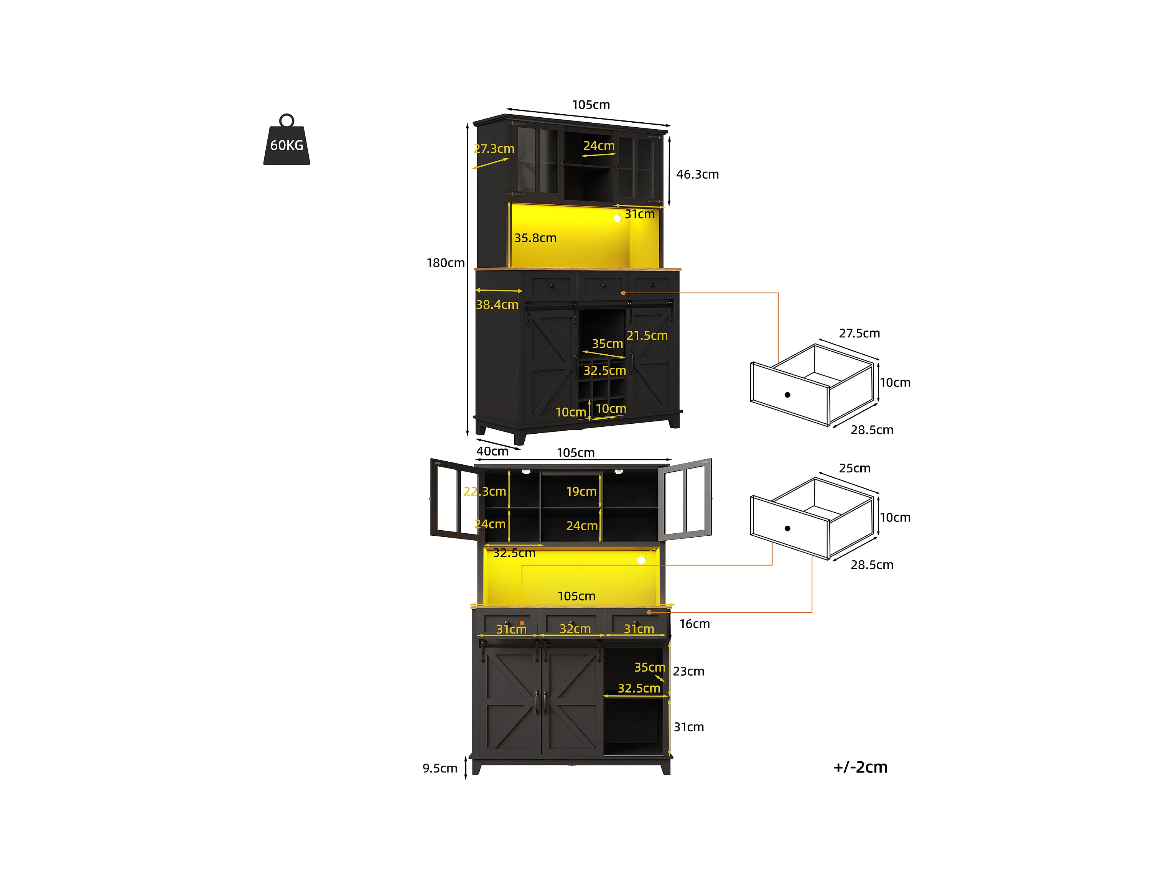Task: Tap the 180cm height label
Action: click(445, 263)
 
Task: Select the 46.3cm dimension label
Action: click(697, 174)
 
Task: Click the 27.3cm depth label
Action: click(494, 149)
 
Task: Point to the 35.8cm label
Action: click(535, 238)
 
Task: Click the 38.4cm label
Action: click(497, 305)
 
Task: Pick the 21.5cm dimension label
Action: click(646, 336)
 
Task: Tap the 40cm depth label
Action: click(492, 451)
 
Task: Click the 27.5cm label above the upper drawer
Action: click(859, 333)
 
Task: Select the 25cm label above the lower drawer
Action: click(854, 468)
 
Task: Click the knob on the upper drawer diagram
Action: click(787, 395)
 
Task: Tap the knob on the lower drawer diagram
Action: click(787, 528)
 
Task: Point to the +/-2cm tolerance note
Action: click(860, 767)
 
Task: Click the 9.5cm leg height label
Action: click(440, 768)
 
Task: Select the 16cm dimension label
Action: click(694, 623)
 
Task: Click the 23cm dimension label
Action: click(688, 671)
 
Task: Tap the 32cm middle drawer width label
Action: click(575, 629)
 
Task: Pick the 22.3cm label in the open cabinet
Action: click(484, 492)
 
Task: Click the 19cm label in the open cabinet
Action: click(581, 492)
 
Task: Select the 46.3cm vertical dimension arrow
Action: click(669, 171)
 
